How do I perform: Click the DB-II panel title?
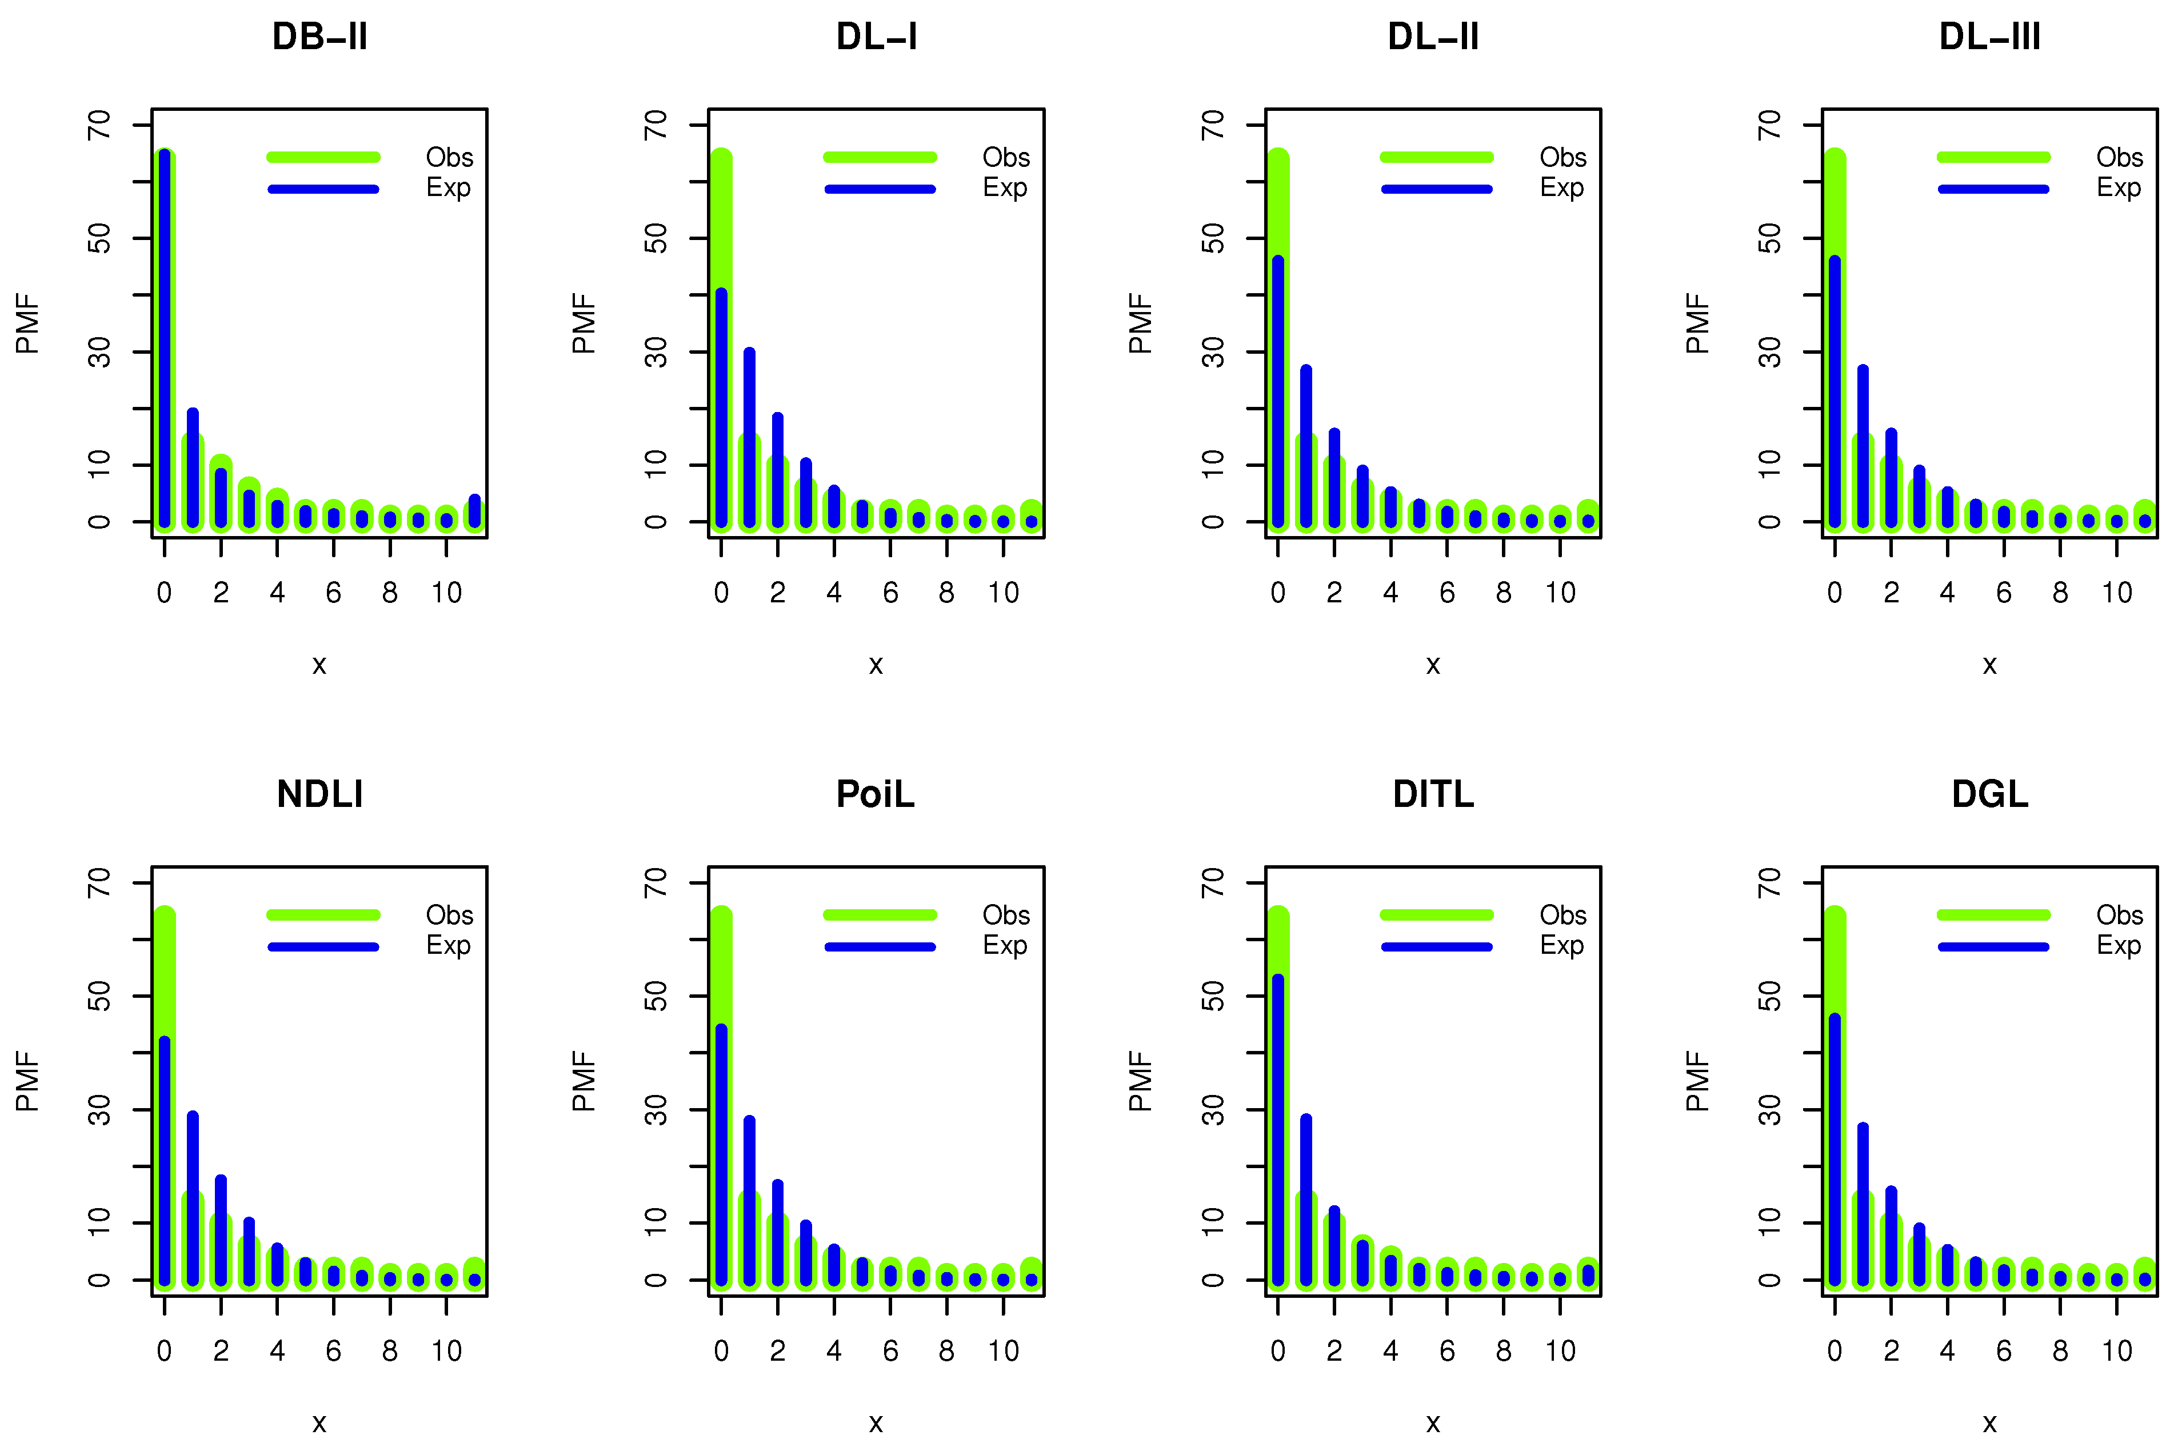coord(319,37)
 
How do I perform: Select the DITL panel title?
coord(1433,794)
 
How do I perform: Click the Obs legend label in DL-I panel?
coord(1005,157)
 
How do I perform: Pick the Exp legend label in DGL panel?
coord(2119,946)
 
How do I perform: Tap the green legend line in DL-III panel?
coord(1993,157)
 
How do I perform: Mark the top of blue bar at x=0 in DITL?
coord(1277,979)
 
